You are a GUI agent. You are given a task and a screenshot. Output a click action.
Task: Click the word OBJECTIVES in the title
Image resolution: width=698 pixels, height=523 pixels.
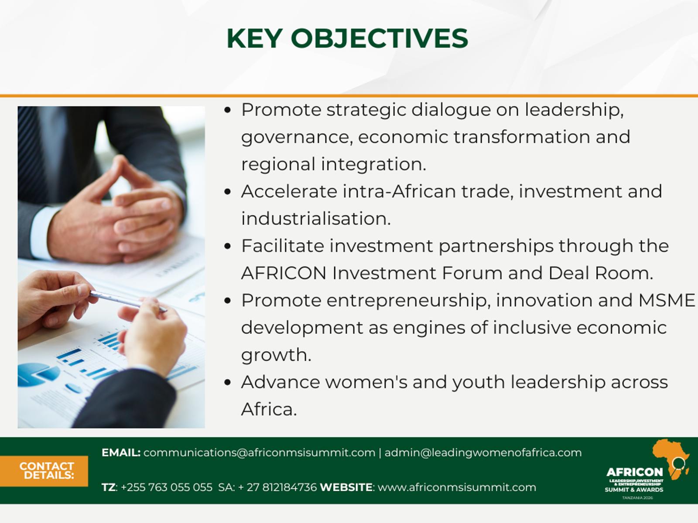[x=379, y=38]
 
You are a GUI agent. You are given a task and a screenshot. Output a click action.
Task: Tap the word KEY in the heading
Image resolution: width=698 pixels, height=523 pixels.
[x=254, y=38]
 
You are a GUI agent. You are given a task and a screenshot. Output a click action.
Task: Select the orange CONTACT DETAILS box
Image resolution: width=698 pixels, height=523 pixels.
[x=44, y=471]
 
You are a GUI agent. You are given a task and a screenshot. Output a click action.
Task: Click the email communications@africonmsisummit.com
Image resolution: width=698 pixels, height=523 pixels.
[x=259, y=452]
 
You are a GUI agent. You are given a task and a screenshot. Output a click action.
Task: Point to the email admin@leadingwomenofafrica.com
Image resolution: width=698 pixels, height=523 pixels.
[x=483, y=452]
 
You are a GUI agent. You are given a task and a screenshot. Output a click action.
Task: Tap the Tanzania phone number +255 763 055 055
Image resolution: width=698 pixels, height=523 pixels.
[x=167, y=487]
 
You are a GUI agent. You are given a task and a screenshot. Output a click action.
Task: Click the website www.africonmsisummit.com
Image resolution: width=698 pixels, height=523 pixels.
[x=457, y=487]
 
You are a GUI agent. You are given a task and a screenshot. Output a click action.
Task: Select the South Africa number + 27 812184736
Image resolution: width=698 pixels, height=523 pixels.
[x=277, y=487]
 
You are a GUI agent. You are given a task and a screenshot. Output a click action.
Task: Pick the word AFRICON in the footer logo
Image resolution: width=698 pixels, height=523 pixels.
[x=635, y=472]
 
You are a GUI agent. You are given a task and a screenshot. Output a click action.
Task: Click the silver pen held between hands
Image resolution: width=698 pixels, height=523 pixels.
[x=128, y=301]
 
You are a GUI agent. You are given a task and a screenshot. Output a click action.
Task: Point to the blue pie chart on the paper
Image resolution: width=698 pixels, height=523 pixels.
[x=38, y=374]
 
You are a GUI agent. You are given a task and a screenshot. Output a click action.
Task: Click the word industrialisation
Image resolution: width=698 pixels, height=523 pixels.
[x=316, y=219]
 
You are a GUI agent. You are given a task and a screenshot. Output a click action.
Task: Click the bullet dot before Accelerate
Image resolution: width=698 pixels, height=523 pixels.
[x=227, y=192]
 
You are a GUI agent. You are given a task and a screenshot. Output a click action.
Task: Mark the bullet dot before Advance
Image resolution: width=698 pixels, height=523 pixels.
[x=227, y=382]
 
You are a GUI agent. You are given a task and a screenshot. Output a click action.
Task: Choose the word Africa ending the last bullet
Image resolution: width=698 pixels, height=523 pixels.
[x=269, y=409]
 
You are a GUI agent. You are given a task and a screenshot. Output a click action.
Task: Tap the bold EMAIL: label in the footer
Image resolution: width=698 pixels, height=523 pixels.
[x=121, y=452]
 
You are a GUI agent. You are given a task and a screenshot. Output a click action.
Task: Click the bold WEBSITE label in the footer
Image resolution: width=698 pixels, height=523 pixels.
[x=346, y=487]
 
